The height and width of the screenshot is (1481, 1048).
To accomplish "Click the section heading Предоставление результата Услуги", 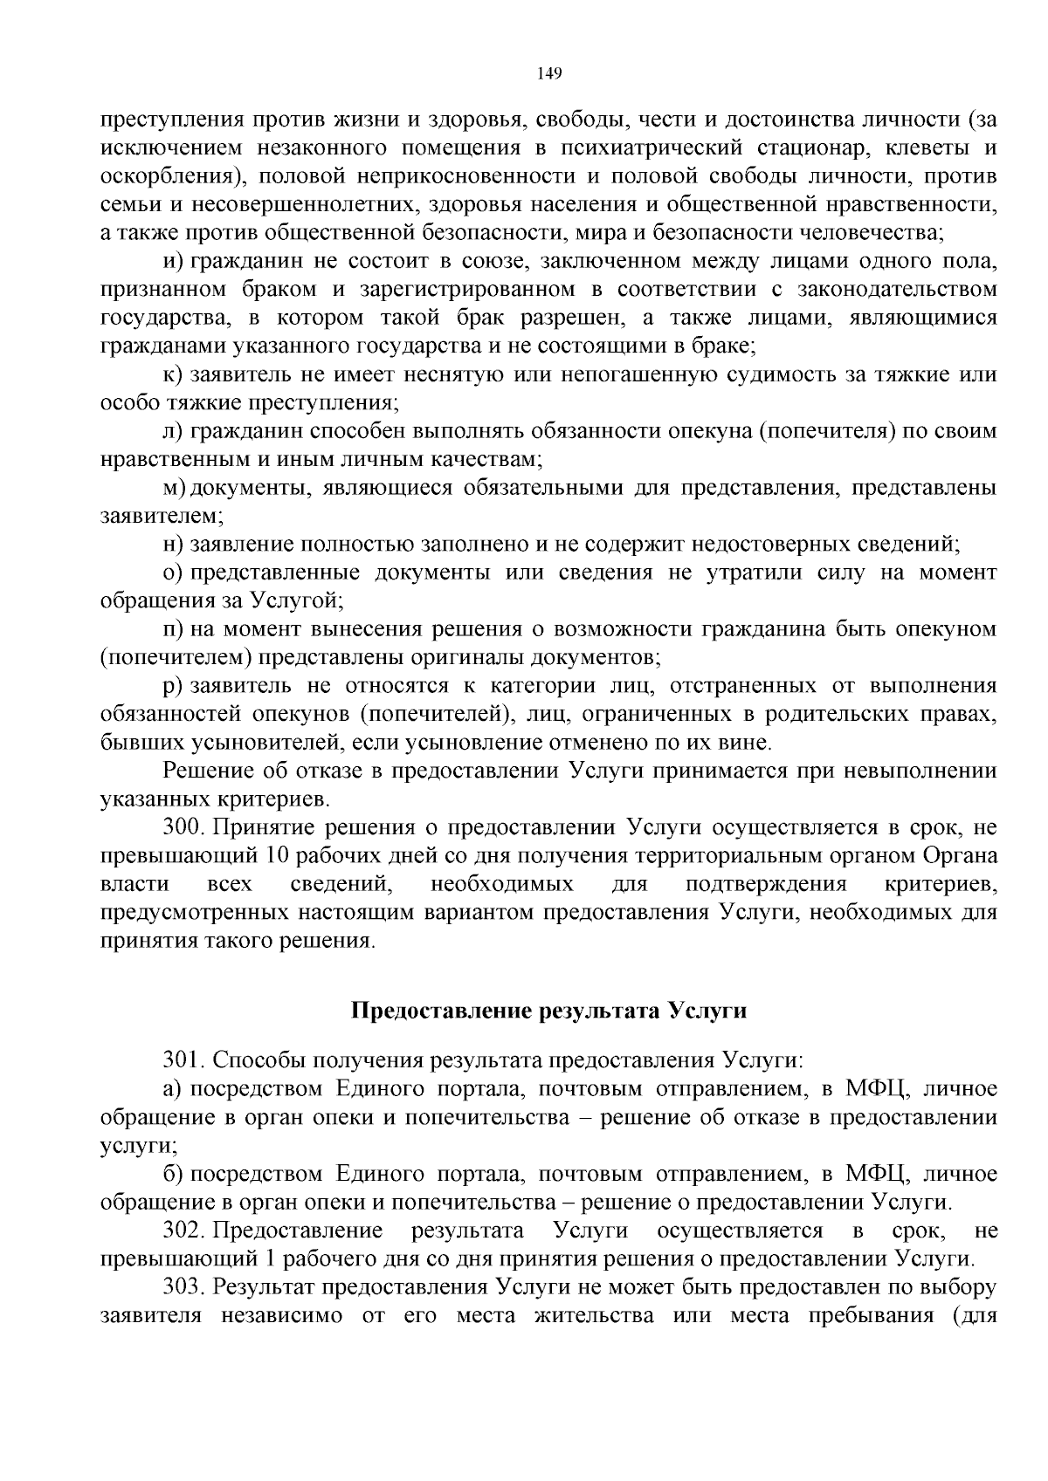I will click(x=549, y=1011).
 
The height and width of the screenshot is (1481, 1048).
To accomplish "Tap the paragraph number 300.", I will click(x=182, y=826).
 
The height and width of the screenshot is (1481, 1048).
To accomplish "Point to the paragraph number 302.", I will click(x=183, y=1231).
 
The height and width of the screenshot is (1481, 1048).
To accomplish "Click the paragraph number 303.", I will click(x=183, y=1287).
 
